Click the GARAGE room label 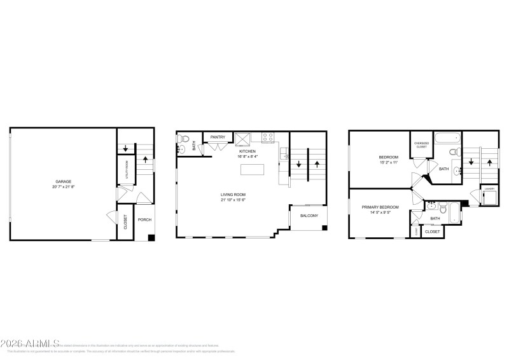[62, 182]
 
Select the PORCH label [144, 220]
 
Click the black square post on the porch [151, 237]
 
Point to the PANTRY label [218, 137]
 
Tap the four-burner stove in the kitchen [267, 136]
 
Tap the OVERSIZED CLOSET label [421, 145]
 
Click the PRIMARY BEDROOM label [380, 207]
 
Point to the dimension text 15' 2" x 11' [388, 163]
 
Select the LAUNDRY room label [489, 189]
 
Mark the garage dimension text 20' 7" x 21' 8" [62, 187]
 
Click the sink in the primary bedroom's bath [432, 206]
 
